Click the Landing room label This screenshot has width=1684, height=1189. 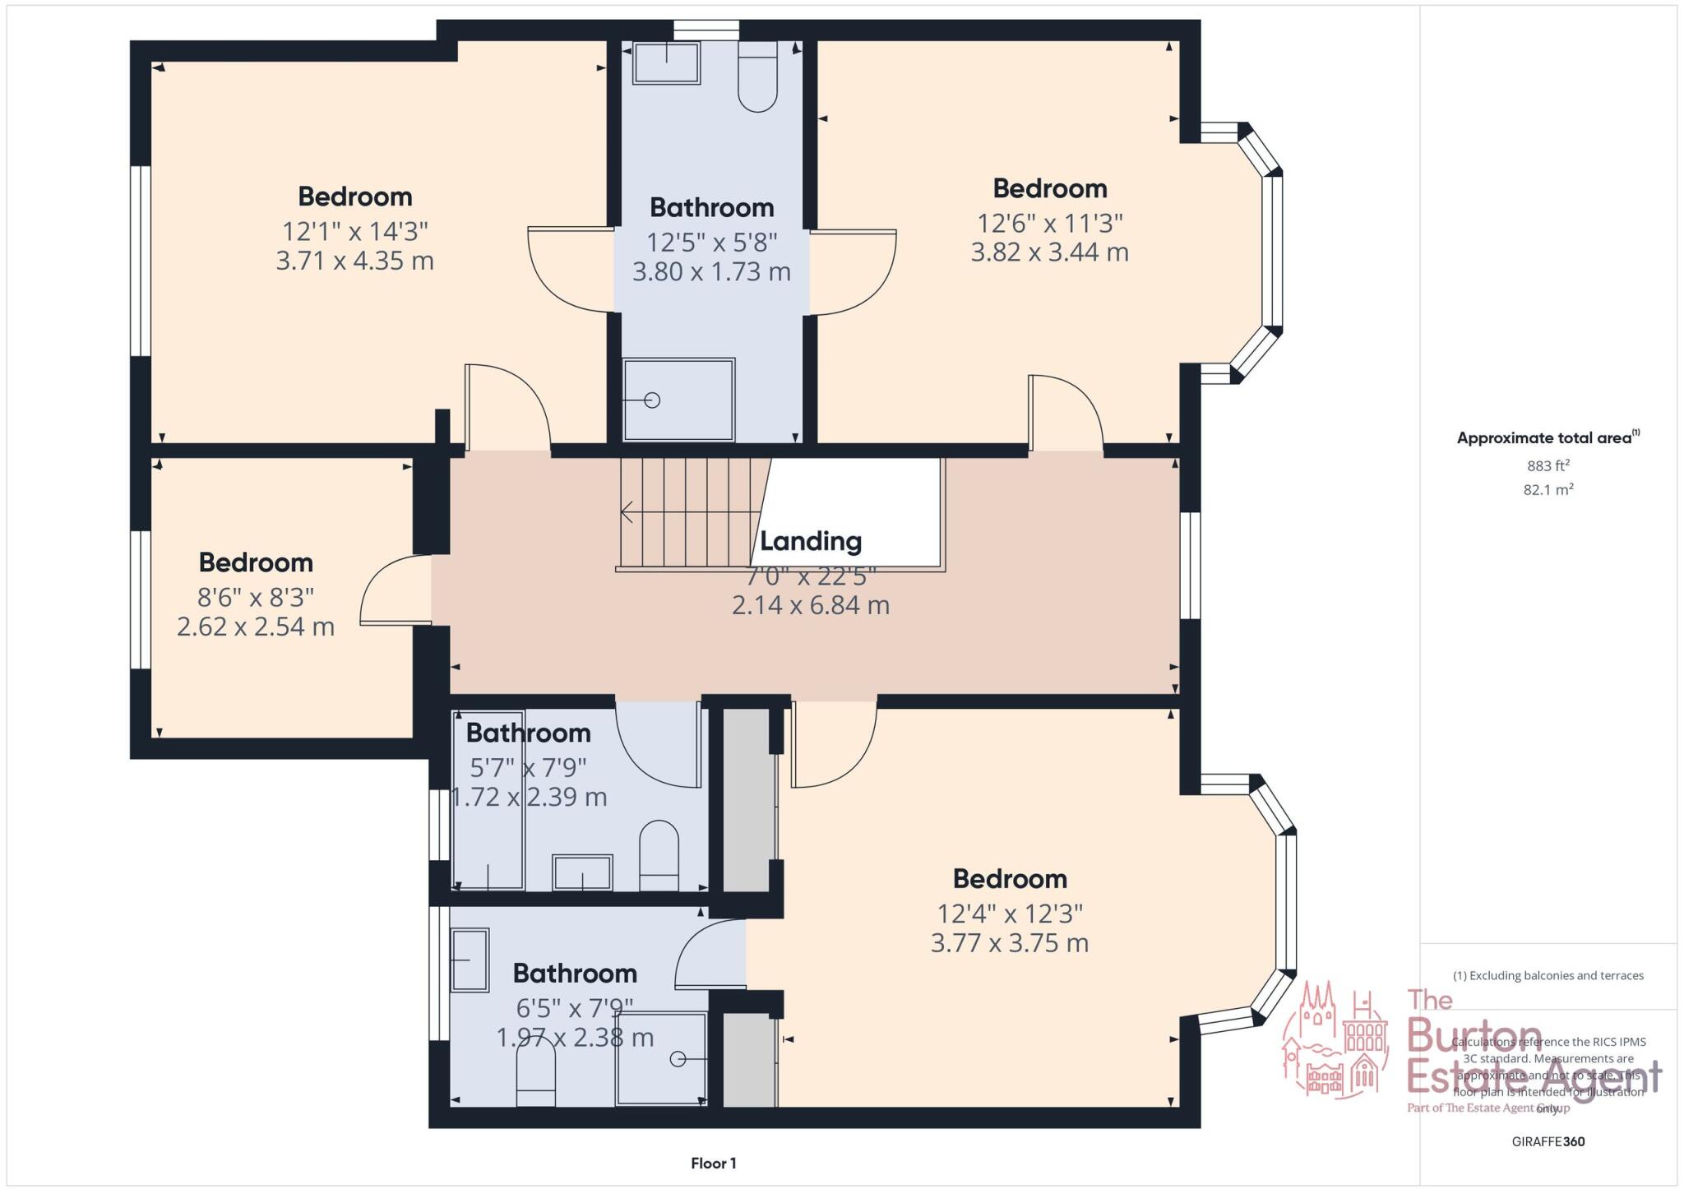point(810,541)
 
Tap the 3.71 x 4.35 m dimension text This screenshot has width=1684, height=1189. point(354,261)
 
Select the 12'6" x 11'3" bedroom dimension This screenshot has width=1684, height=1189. point(1049,223)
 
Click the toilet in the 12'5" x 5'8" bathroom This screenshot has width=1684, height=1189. point(757,77)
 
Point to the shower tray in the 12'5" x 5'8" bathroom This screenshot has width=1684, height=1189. point(678,400)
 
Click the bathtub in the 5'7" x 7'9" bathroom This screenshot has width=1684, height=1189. point(489,799)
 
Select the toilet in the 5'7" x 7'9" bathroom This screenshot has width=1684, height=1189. point(659,855)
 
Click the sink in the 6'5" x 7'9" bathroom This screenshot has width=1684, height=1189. point(470,960)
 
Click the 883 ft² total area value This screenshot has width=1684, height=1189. point(1548,465)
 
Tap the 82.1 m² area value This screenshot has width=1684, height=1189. point(1548,490)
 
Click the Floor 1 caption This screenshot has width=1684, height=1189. point(713,1164)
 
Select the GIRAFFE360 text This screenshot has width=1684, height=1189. point(1548,1141)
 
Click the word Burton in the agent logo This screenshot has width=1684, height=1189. point(1473,1037)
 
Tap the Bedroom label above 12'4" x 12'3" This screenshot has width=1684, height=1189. point(1009,879)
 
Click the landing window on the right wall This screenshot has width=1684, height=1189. point(1190,565)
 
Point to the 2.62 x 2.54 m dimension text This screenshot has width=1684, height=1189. point(256,627)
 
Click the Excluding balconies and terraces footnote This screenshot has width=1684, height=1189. point(1548,976)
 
